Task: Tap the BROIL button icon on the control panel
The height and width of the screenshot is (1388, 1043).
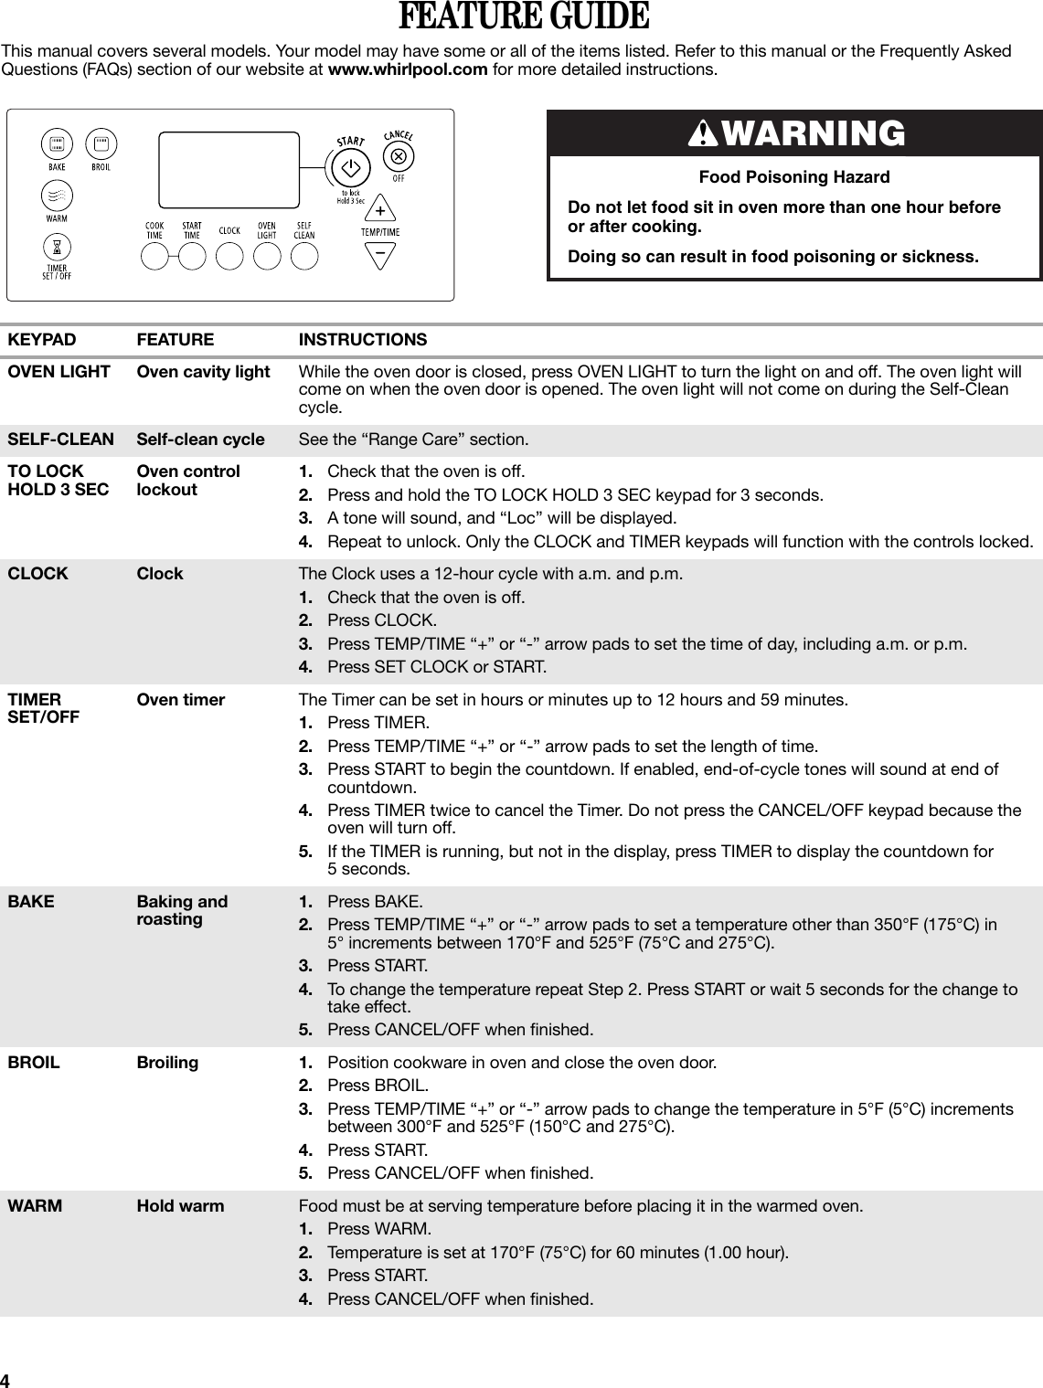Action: coord(100,143)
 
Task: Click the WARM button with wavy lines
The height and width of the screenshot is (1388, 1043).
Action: coord(57,196)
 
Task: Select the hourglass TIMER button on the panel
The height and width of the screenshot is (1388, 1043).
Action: coord(57,248)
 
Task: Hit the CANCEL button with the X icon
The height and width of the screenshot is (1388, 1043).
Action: coord(398,156)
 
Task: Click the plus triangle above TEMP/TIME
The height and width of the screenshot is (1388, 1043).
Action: coord(379,211)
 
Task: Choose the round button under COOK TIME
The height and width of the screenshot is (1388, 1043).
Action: coord(154,256)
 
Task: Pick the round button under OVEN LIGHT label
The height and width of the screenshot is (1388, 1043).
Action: coord(266,256)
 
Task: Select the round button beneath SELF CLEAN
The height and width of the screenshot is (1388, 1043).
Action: coord(304,256)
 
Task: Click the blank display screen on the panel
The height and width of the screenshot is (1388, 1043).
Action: coord(229,170)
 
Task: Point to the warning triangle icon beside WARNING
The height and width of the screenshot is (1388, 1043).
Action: coord(705,134)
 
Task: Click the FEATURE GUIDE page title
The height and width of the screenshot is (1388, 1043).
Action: coord(523,17)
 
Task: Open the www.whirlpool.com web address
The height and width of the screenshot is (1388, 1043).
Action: coord(407,69)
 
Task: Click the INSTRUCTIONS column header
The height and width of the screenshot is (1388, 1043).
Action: coord(363,340)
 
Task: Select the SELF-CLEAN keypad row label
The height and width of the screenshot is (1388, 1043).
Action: coord(61,440)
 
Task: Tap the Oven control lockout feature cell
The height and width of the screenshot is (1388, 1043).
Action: coord(188,481)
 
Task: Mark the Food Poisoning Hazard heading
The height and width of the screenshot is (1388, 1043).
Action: coord(793,177)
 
